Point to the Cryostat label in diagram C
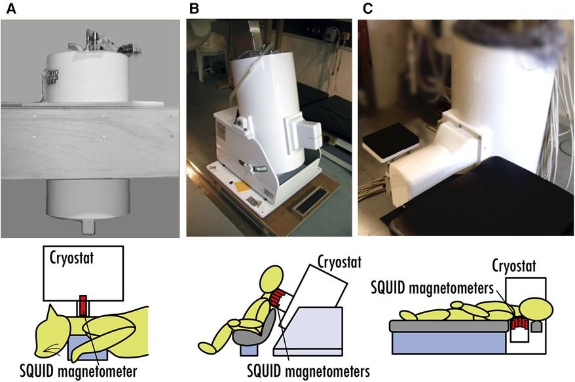(x=515, y=267)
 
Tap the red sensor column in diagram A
(x=83, y=308)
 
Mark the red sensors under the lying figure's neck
(x=520, y=323)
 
